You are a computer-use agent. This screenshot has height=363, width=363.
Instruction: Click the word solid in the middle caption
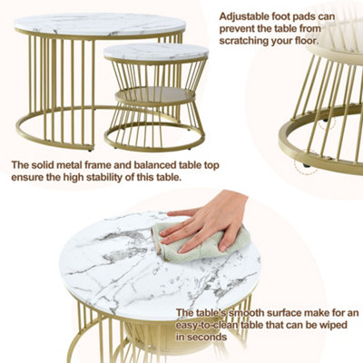coord(43,165)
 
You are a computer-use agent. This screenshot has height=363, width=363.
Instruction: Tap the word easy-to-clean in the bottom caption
coord(211,325)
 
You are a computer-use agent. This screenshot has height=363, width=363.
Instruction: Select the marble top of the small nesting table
coord(155,52)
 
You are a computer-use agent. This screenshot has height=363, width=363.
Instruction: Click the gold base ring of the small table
coord(154,141)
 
